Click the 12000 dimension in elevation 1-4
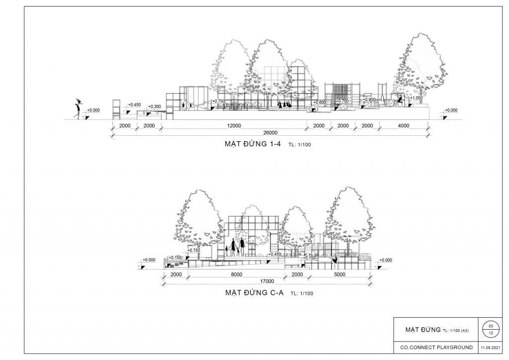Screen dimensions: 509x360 [x=234, y=126]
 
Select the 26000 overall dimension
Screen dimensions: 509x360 [x=270, y=132]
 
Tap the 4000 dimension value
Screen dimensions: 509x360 [x=404, y=126]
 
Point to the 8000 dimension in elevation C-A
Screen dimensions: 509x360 [x=237, y=274]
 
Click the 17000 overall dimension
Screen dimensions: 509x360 [x=267, y=281]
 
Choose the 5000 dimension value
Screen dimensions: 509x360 [x=339, y=274]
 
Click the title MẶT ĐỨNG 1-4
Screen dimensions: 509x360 [x=253, y=144]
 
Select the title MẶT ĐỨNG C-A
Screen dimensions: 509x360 [x=254, y=293]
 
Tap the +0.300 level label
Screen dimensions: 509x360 [x=155, y=106]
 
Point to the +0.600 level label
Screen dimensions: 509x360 [x=320, y=102]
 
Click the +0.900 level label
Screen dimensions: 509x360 [x=369, y=99]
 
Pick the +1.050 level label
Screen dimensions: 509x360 [x=416, y=98]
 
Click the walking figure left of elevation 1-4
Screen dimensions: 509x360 [x=78, y=108]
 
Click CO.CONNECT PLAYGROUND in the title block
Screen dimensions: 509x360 [x=436, y=348]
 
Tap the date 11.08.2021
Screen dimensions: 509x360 [x=491, y=348]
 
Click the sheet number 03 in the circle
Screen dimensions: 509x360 [x=491, y=326]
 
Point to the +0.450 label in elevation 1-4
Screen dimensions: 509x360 [x=134, y=104]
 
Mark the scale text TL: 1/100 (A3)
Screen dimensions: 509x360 [x=456, y=331]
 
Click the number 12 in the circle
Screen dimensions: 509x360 [x=491, y=333]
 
